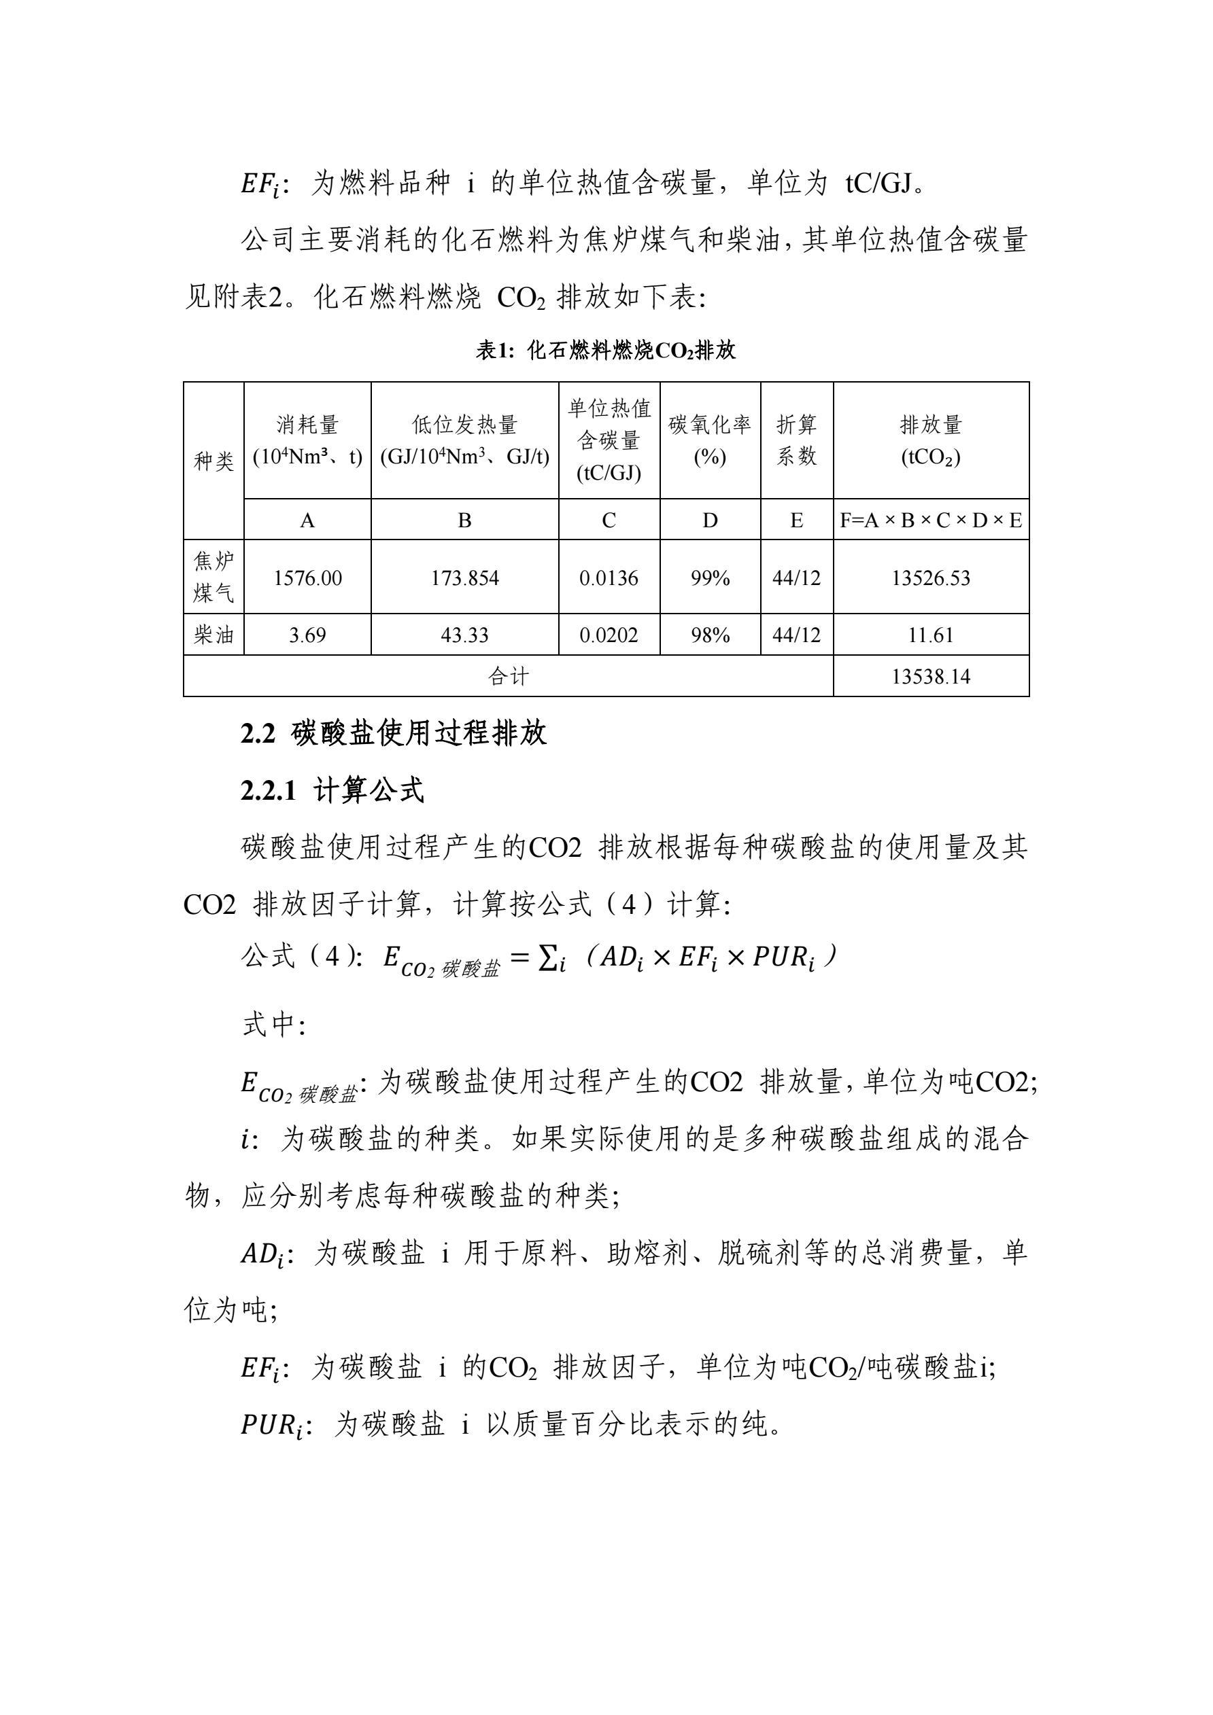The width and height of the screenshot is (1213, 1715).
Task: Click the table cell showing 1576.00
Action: [307, 578]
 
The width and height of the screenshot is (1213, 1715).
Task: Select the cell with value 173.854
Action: [464, 578]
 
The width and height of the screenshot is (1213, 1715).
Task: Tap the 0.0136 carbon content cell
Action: [609, 578]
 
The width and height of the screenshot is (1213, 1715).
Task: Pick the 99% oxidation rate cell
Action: [709, 578]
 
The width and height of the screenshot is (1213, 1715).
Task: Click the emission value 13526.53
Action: [931, 578]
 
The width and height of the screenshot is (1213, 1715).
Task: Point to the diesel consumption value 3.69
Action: [307, 635]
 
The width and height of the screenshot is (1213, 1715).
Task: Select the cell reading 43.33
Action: [464, 635]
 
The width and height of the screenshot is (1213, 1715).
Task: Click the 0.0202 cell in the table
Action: [609, 635]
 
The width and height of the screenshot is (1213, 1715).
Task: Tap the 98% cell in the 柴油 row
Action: [709, 635]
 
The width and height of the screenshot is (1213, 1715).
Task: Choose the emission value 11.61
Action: [931, 635]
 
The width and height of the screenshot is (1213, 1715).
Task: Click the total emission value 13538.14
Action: [931, 677]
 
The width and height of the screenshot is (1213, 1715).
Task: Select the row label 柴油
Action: [213, 635]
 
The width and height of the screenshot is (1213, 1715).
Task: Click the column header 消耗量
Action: [307, 425]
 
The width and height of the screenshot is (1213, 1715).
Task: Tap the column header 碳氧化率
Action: [709, 425]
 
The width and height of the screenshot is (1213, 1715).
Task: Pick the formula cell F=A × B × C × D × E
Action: [931, 520]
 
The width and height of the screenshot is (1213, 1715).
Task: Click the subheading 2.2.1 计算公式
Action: [332, 790]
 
